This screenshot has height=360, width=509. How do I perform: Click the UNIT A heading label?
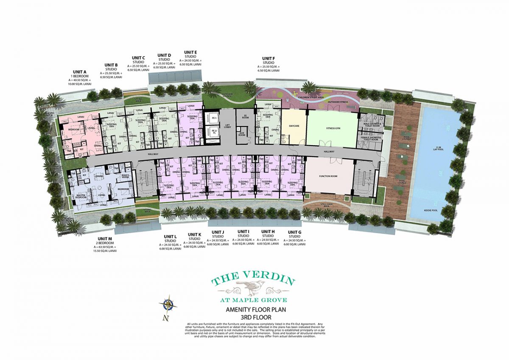[x=80, y=72]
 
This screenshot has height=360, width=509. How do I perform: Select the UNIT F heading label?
[x=268, y=58]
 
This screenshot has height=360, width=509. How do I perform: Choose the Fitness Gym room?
[x=332, y=126]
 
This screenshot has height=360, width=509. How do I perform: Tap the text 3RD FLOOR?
[x=254, y=317]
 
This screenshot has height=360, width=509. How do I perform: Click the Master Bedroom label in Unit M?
[x=81, y=196]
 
